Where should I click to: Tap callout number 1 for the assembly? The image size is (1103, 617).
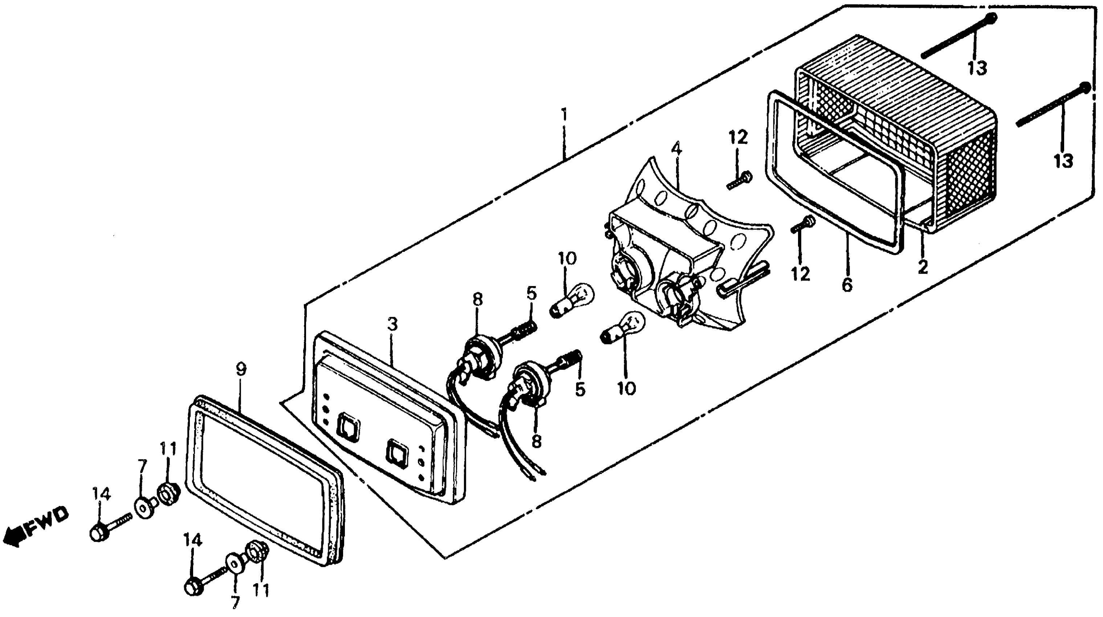pyautogui.click(x=565, y=114)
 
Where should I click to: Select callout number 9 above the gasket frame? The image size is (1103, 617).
pyautogui.click(x=241, y=369)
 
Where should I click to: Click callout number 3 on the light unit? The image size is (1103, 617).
pyautogui.click(x=392, y=324)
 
